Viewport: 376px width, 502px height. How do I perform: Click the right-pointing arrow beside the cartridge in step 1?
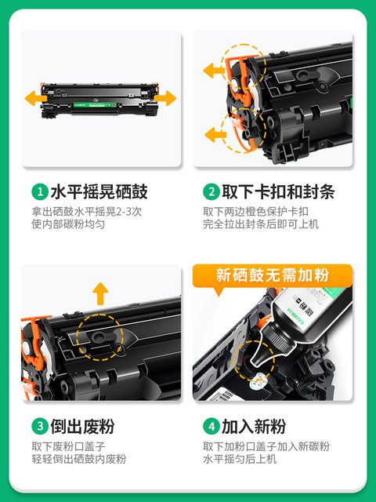[x=165, y=98]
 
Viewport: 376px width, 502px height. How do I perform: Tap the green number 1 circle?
[x=38, y=191]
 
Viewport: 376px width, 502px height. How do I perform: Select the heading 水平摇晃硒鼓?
[x=99, y=191]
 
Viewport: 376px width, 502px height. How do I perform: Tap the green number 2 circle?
[x=210, y=191]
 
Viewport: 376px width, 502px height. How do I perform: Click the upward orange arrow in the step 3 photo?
[x=99, y=293]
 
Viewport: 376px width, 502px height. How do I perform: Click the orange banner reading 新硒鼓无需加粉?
[x=273, y=276]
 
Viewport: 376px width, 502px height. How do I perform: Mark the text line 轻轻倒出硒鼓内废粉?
[x=79, y=459]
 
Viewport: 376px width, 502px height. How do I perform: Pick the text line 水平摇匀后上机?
[x=239, y=459]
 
